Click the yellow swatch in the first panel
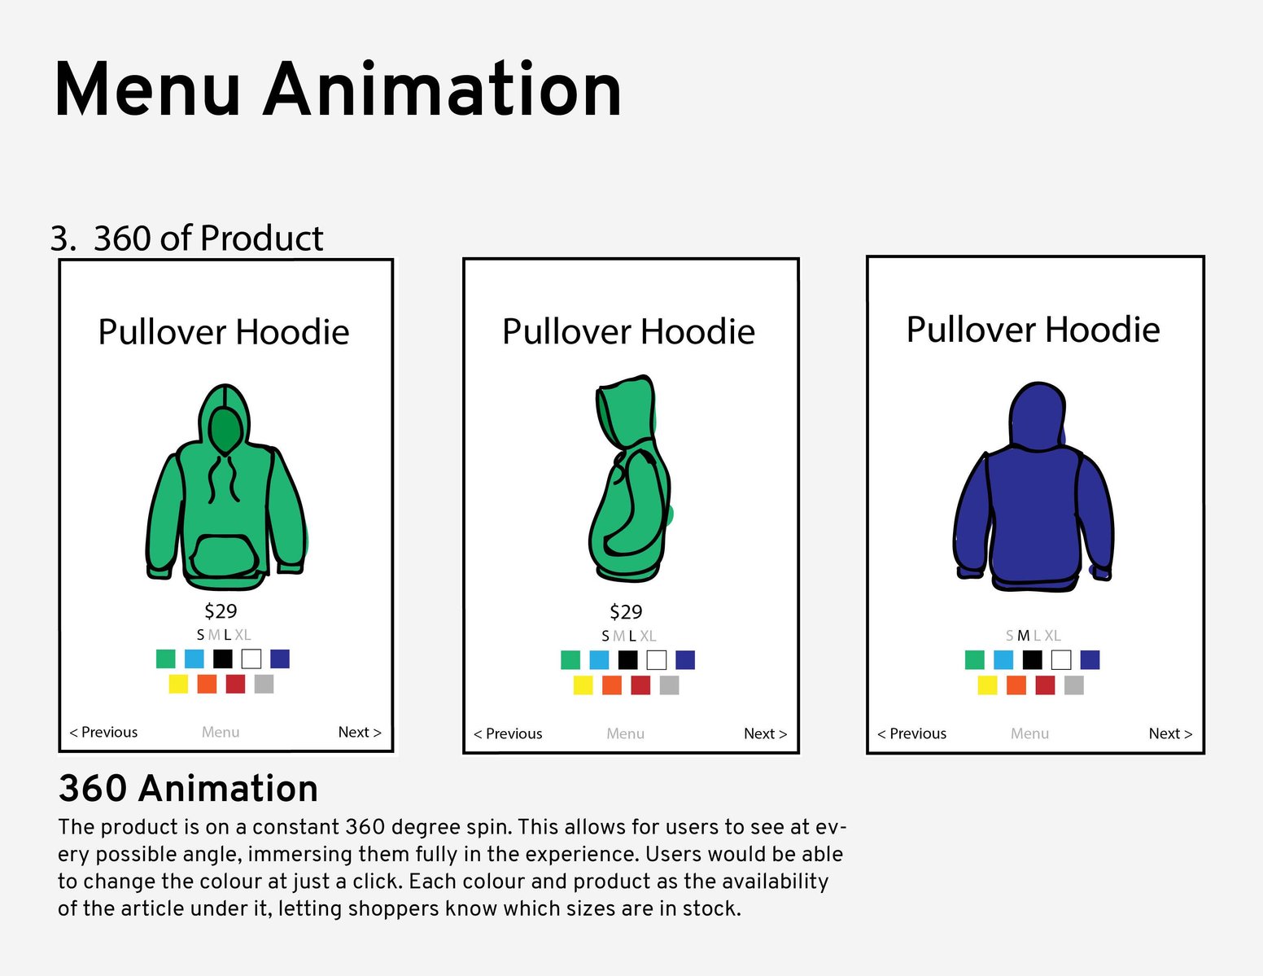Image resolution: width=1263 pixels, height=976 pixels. (178, 684)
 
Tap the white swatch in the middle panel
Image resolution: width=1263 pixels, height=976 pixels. (656, 660)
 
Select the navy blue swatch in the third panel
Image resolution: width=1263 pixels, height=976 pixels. (1090, 660)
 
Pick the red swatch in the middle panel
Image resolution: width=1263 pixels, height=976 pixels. (640, 685)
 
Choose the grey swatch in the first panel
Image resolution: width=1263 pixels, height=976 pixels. (264, 684)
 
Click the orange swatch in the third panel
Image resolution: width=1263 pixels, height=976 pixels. (1016, 685)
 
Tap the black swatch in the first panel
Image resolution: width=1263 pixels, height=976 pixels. (223, 659)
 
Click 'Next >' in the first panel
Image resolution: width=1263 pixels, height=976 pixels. (360, 732)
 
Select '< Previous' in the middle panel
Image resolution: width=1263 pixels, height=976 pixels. (508, 733)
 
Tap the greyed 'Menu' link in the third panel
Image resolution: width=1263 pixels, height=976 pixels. (1029, 733)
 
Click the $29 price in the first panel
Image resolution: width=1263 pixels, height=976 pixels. (221, 611)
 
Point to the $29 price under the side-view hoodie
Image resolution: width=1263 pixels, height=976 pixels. (626, 611)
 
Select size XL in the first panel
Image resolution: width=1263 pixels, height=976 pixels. (243, 635)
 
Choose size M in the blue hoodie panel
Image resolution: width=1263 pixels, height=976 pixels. (1023, 636)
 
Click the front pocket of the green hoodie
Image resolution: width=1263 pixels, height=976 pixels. (225, 555)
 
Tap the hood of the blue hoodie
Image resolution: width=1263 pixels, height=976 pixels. (1038, 416)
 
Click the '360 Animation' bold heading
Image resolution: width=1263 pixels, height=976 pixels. (188, 788)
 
